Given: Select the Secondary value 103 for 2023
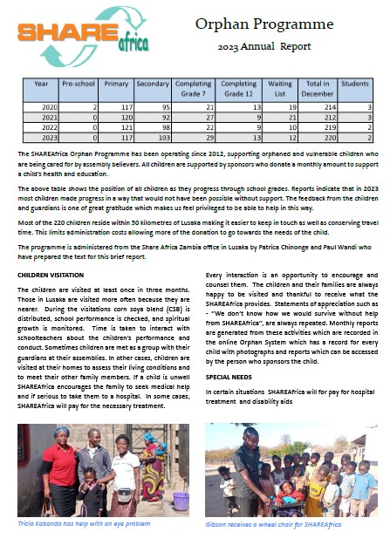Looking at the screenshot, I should (162, 138).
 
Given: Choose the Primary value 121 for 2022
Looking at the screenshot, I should (120, 126).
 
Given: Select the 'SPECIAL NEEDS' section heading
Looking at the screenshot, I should (229, 377).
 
